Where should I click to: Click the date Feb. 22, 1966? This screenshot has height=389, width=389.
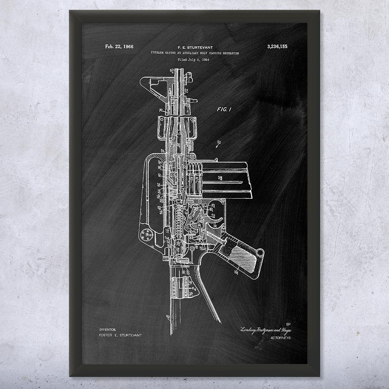(119, 47)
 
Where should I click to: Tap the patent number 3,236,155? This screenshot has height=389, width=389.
(277, 47)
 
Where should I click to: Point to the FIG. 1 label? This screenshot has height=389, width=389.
(224, 110)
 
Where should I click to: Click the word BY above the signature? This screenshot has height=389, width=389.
(288, 323)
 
